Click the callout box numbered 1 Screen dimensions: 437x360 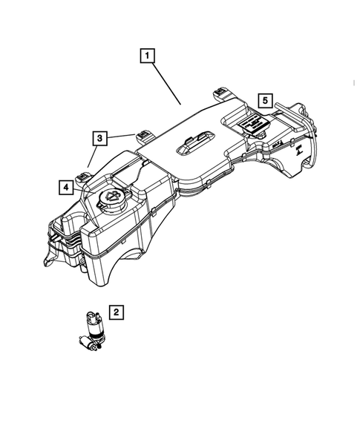click(148, 56)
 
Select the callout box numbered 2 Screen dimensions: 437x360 click(115, 312)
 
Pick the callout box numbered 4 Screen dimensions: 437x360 click(67, 188)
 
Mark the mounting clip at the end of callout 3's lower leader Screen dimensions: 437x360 click(84, 177)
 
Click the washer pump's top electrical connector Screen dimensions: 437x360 click(94, 316)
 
